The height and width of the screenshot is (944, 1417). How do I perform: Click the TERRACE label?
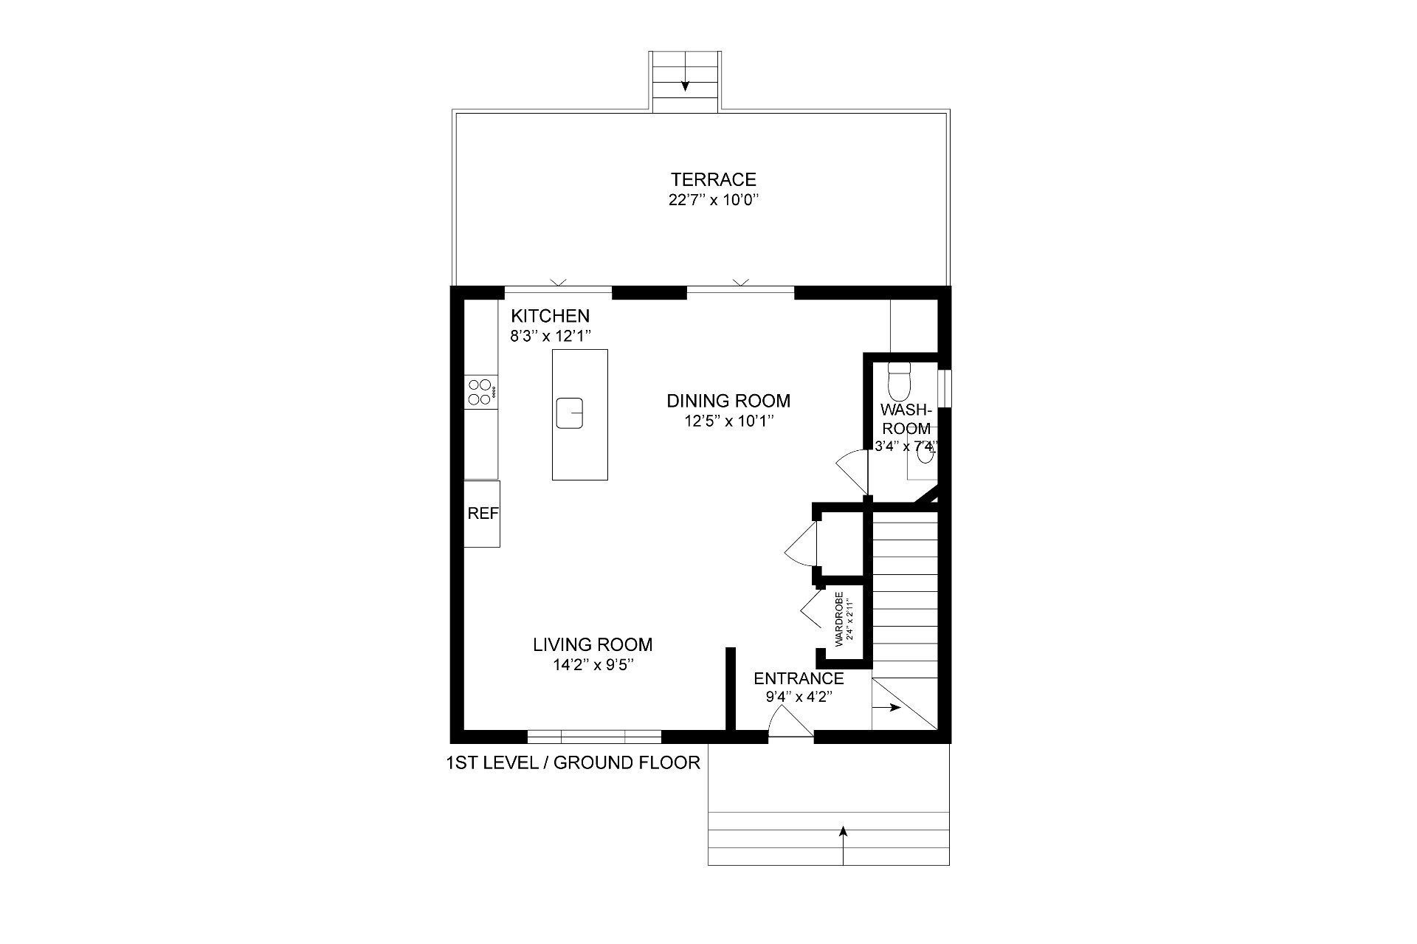(x=713, y=179)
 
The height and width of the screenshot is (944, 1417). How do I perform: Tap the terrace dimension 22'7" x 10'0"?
(x=713, y=200)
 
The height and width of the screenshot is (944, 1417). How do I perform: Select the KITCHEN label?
(x=551, y=316)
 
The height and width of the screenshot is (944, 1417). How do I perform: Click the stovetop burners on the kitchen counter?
(x=480, y=392)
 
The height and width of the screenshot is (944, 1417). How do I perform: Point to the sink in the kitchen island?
(x=570, y=413)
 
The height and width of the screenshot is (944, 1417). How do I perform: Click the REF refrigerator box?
(x=482, y=514)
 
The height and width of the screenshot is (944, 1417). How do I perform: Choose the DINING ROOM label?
(x=728, y=401)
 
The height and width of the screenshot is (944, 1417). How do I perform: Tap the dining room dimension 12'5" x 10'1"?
(x=728, y=421)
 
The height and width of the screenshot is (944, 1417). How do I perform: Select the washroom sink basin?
(x=925, y=454)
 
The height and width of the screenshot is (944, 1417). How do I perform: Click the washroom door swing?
(x=852, y=473)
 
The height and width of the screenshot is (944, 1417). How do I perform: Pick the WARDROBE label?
(x=838, y=619)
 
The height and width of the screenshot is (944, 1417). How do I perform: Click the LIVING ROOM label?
(x=593, y=644)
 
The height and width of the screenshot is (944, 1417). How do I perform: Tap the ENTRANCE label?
(x=799, y=678)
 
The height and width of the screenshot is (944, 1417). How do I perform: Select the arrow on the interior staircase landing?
(x=887, y=707)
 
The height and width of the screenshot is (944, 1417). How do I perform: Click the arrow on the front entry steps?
(x=843, y=844)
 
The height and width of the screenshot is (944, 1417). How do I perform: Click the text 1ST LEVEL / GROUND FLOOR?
(x=573, y=762)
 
